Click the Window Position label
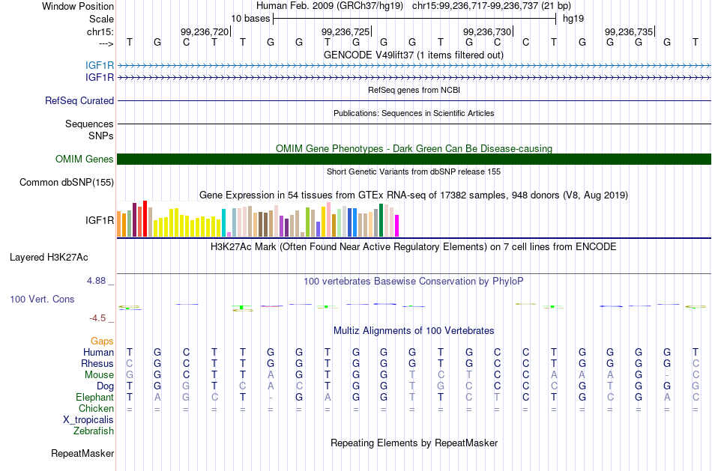[78, 6]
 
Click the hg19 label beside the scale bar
[573, 19]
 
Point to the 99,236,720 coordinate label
[205, 31]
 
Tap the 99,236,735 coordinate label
[629, 31]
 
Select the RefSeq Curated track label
[79, 101]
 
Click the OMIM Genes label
[85, 159]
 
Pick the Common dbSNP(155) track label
[67, 183]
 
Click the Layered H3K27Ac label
[49, 258]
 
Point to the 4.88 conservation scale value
[96, 281]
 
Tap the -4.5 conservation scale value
[97, 318]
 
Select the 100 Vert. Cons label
[42, 299]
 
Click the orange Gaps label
[102, 341]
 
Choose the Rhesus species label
[97, 363]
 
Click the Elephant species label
[95, 398]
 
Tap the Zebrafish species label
[94, 431]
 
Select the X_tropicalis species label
[88, 420]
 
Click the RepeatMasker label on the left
[82, 453]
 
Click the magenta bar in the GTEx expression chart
[397, 225]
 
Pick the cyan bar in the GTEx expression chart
[223, 223]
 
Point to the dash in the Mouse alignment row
[667, 375]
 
